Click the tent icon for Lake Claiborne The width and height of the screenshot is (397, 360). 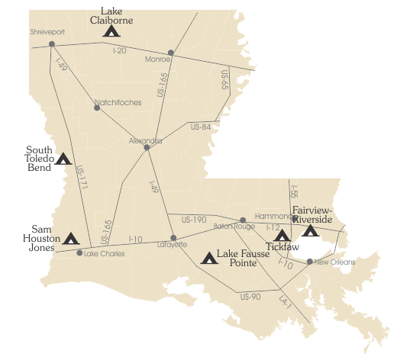111,31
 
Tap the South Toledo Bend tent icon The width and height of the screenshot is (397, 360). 63,159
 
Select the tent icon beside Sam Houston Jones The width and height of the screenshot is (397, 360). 71,239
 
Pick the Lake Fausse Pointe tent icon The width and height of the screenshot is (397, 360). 207,258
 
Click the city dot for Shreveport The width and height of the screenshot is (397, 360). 51,43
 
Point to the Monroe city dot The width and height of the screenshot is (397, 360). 170,53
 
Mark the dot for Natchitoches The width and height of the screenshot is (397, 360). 96,108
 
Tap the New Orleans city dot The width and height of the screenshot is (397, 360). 309,262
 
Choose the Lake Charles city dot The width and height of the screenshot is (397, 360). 79,253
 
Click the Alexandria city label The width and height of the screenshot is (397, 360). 145,140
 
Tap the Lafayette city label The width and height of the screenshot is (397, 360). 171,245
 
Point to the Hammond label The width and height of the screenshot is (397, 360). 273,216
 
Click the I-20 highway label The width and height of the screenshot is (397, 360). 118,50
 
